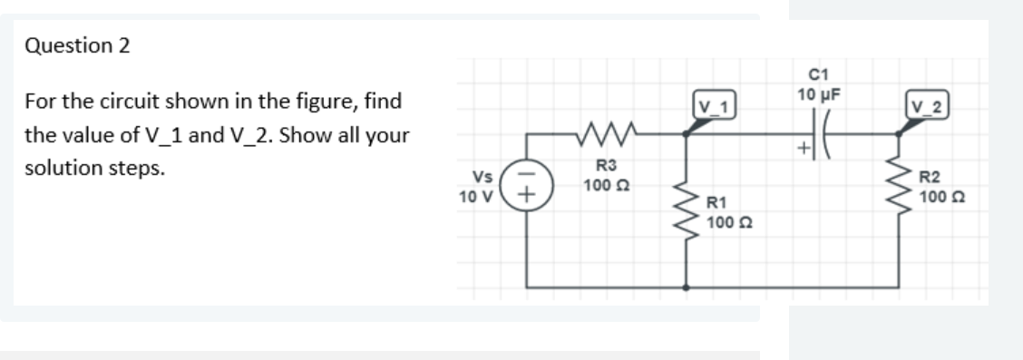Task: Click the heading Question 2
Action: click(77, 46)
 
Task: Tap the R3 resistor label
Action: click(606, 165)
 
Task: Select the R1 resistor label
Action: click(716, 203)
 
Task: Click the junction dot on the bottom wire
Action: click(685, 289)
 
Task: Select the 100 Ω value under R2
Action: click(940, 195)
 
